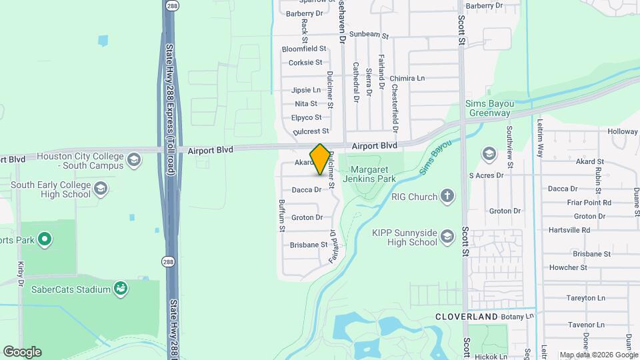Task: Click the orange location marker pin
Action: (321, 159)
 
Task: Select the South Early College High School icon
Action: (101, 187)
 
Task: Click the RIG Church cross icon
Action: (447, 197)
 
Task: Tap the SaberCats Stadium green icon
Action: (121, 289)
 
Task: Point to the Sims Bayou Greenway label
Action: (489, 108)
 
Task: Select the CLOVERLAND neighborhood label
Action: (467, 316)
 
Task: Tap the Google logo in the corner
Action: (22, 352)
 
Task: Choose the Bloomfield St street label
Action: (304, 49)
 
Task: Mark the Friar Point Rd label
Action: (588, 203)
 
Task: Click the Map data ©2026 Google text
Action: (598, 355)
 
